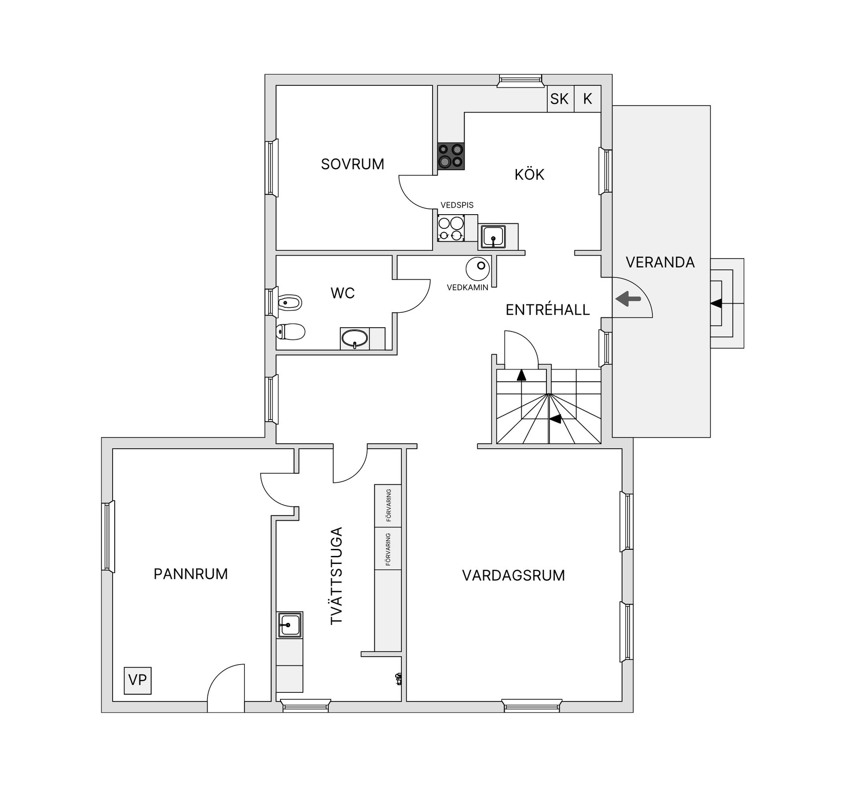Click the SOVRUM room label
coord(353,164)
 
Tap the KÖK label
coord(529,175)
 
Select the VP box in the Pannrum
coord(138,680)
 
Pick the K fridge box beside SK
coord(588,99)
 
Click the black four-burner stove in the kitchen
coord(451,156)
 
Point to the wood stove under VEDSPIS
coord(451,228)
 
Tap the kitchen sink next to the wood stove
coord(493,237)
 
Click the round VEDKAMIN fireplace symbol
coord(478,268)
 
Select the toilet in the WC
coord(290,332)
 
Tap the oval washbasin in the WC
coord(355,339)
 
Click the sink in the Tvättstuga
coord(290,625)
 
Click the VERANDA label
coord(660,262)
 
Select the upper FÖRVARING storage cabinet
coord(388,506)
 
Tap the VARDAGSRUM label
coord(513,575)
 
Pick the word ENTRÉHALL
coord(548,310)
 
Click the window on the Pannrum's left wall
coord(108,537)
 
